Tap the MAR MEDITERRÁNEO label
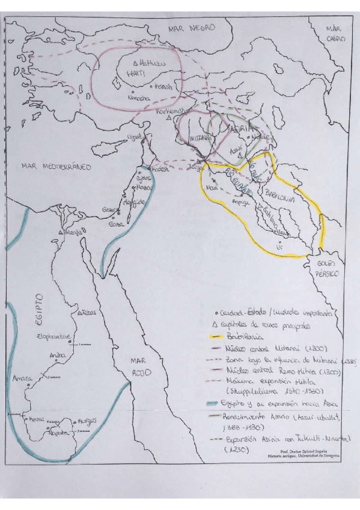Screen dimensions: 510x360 pos(54,166)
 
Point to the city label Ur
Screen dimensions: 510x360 pos(278,246)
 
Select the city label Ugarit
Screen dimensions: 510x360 pos(135,137)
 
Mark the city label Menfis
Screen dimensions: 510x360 pos(73,232)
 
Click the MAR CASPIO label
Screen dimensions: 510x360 pos(335,33)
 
